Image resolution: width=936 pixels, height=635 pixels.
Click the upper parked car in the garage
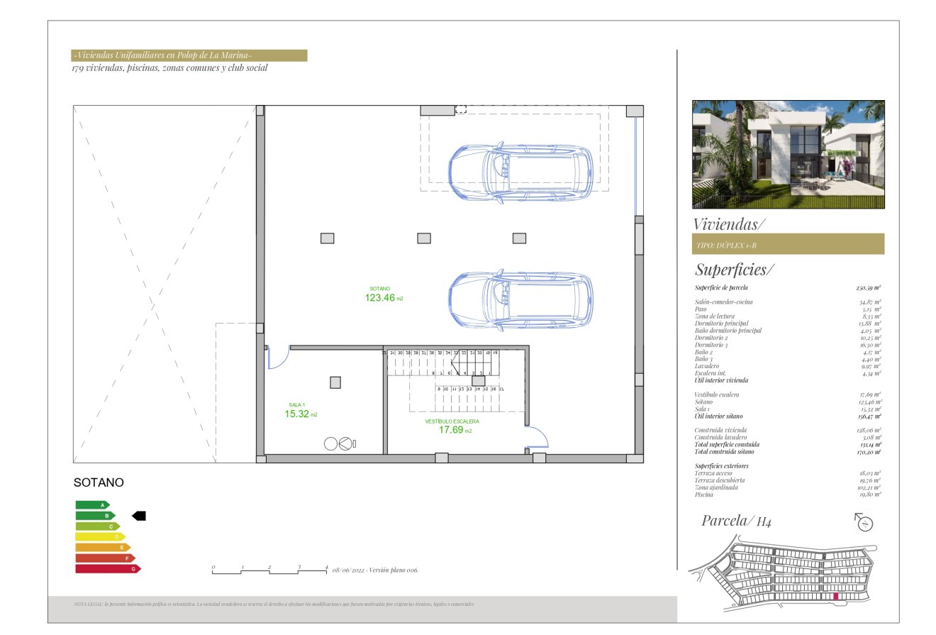pos(520,172)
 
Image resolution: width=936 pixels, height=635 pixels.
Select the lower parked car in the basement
pos(521,301)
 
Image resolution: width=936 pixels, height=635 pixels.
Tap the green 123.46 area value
pos(380,298)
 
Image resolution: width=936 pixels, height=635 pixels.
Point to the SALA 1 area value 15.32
pos(296,414)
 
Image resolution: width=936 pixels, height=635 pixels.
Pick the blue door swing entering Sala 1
pos(277,358)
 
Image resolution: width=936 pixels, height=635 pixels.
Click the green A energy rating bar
pos(92,505)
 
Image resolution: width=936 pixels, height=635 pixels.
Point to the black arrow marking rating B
pos(139,516)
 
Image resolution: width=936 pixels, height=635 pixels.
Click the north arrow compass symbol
pos(864,524)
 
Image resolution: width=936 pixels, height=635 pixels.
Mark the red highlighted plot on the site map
pos(836,597)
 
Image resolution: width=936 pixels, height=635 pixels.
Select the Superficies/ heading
pos(735,270)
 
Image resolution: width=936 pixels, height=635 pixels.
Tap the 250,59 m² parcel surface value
pos(868,288)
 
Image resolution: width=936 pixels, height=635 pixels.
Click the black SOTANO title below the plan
pos(99,482)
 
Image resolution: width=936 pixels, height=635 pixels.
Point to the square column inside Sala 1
pos(335,382)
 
